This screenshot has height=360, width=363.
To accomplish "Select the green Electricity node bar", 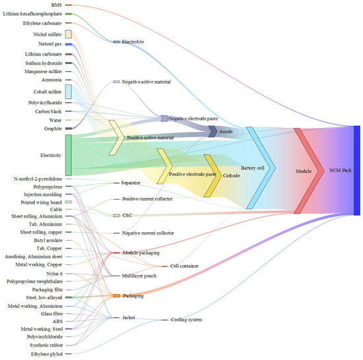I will (x=68, y=155).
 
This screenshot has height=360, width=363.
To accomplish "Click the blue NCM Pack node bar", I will (x=356, y=169).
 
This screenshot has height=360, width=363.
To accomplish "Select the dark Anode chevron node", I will (x=213, y=131).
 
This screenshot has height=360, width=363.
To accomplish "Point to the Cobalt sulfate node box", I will (x=68, y=92).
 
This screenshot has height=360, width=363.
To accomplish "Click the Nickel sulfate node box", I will (x=68, y=34).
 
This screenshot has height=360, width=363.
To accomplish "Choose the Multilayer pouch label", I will (x=139, y=276).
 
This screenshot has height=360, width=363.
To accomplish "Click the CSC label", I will (x=127, y=216).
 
